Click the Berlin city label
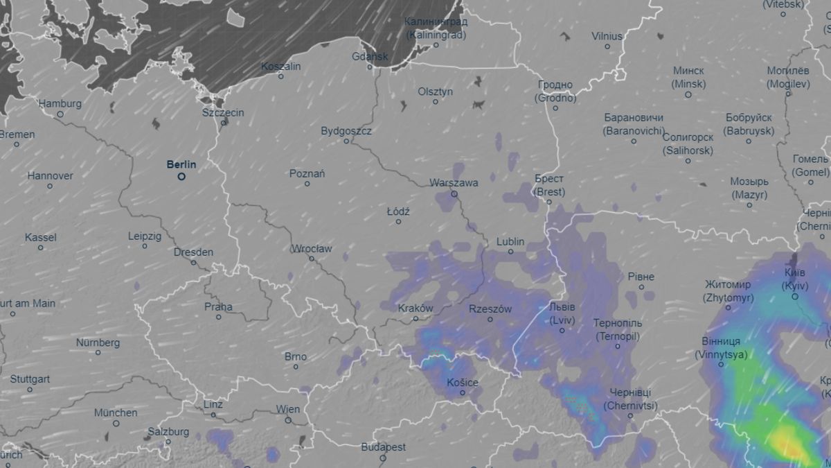point(181,165)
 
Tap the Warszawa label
point(454,183)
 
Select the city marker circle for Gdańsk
point(370,67)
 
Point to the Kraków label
point(415,309)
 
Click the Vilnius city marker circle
point(607,46)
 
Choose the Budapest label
point(383,447)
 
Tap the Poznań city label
point(307,173)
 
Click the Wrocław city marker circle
point(312,259)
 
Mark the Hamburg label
point(60,104)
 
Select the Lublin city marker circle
point(511,252)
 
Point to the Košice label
point(463,382)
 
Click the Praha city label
point(218,306)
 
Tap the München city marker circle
point(116,424)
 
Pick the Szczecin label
point(223,112)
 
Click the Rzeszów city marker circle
point(490,319)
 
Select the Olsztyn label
point(435,92)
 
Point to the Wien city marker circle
point(289,419)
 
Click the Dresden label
point(193,252)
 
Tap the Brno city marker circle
point(296,367)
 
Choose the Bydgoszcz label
point(346,130)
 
